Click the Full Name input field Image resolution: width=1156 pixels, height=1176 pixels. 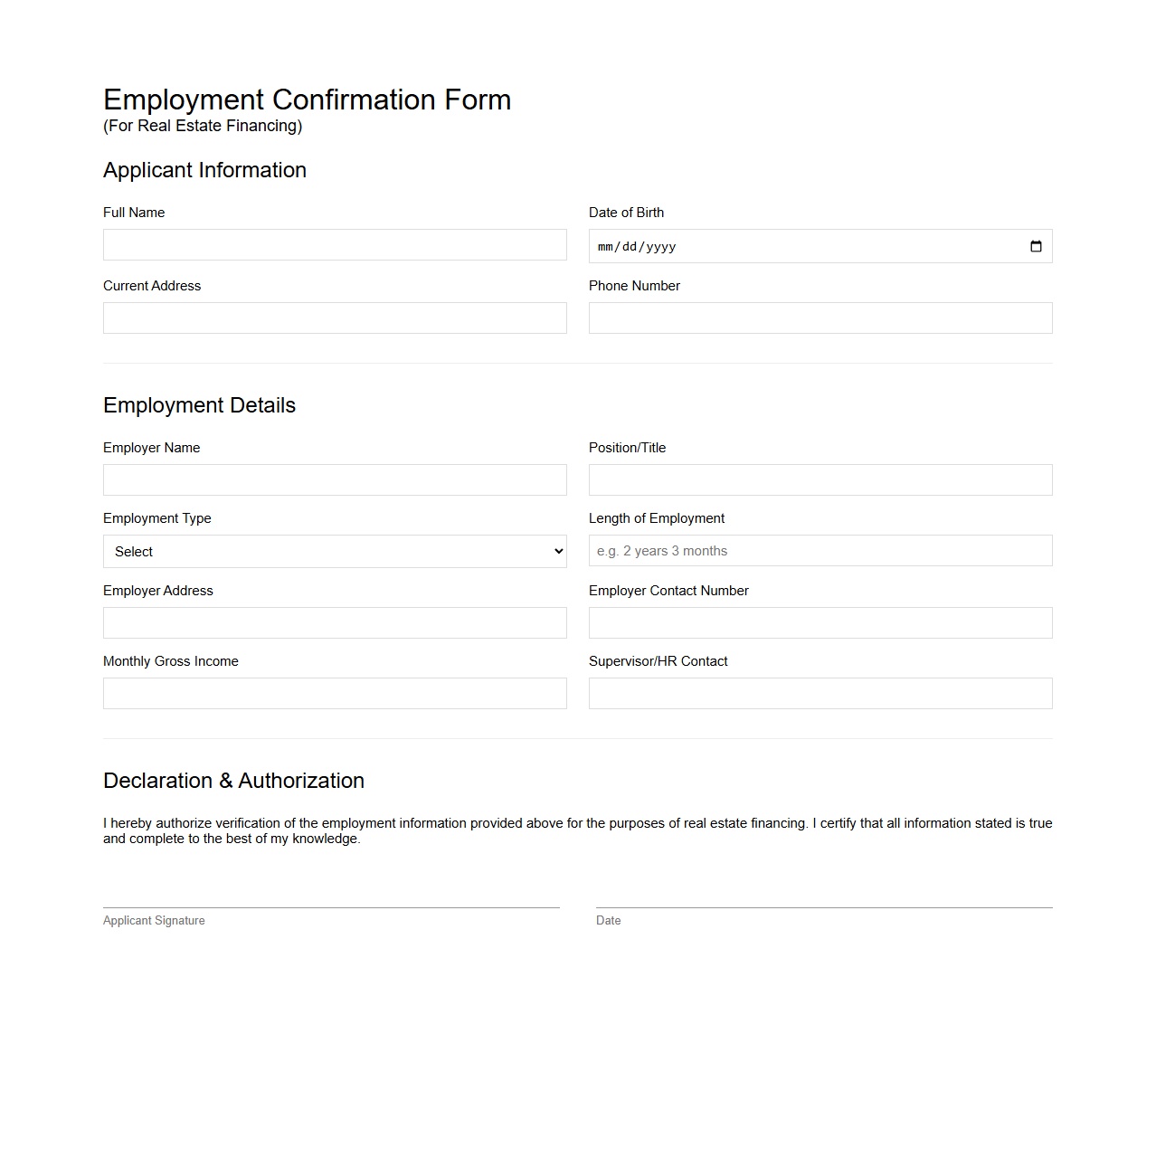pyautogui.click(x=335, y=245)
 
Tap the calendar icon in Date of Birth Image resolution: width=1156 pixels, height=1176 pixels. pyautogui.click(x=1036, y=246)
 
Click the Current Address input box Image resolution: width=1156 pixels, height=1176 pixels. pyautogui.click(x=335, y=318)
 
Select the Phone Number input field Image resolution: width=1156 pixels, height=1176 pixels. pyautogui.click(x=820, y=318)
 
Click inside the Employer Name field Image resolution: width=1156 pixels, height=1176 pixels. pyautogui.click(x=335, y=480)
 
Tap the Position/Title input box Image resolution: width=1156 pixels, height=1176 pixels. pyautogui.click(x=820, y=480)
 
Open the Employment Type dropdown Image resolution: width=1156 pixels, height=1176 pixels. pyautogui.click(x=335, y=552)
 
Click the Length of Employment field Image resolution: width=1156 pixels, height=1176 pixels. pyautogui.click(x=820, y=551)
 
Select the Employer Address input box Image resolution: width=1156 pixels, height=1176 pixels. pyautogui.click(x=335, y=623)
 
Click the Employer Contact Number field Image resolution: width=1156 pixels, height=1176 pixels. pyautogui.click(x=820, y=623)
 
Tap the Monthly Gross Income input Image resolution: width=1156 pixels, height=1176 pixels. pyautogui.click(x=335, y=694)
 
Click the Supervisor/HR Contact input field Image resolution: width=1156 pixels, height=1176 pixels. pyautogui.click(x=820, y=694)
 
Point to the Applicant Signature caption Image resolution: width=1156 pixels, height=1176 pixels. pyautogui.click(x=154, y=921)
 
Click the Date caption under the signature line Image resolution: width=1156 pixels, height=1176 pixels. pyautogui.click(x=608, y=921)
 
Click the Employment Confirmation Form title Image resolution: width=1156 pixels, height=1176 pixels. pyautogui.click(x=307, y=100)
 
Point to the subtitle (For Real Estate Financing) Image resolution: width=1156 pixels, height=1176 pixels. pyautogui.click(x=203, y=126)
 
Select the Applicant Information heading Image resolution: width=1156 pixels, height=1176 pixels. pyautogui.click(x=204, y=170)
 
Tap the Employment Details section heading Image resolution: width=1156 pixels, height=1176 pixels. pyautogui.click(x=199, y=405)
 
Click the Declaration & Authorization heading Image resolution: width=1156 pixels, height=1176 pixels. pyautogui.click(x=233, y=781)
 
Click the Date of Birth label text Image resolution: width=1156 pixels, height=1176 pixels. pyautogui.click(x=626, y=213)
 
